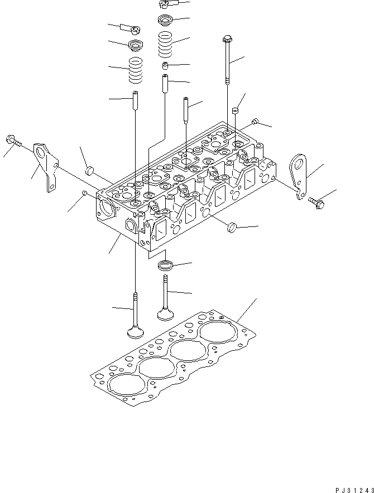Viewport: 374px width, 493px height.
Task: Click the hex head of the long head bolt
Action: pyautogui.click(x=227, y=40)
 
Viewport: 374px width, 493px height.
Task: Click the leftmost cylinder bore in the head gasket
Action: pyautogui.click(x=124, y=385)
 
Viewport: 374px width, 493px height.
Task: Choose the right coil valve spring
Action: pyautogui.click(x=166, y=45)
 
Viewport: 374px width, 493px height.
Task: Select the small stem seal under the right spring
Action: pyautogui.click(x=166, y=66)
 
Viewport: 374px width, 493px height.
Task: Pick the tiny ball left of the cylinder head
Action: pyautogui.click(x=84, y=194)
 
